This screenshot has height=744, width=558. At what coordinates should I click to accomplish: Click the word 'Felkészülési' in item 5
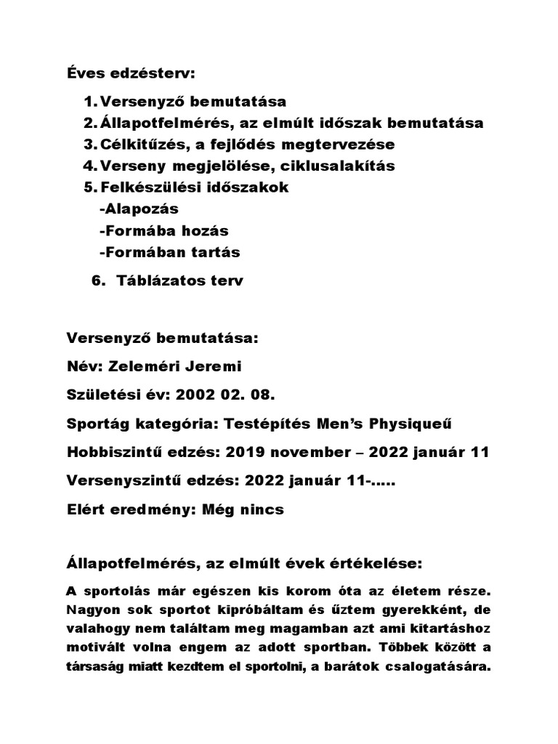point(149,187)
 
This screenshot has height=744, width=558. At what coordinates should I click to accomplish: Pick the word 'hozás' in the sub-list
point(203,231)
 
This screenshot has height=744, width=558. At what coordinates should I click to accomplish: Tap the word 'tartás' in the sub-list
point(214,253)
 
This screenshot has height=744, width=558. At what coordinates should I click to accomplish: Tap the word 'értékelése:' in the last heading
point(376,564)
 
